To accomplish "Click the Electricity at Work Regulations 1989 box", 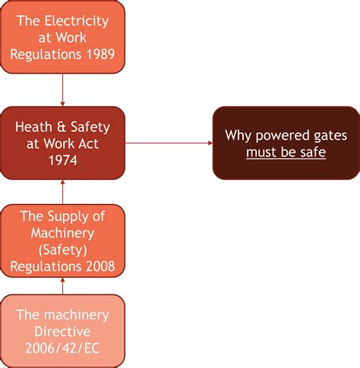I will pyautogui.click(x=62, y=38).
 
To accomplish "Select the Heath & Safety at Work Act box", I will pyautogui.click(x=62, y=143).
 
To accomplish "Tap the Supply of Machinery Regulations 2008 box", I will pyautogui.click(x=62, y=241).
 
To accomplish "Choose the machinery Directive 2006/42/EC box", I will pyautogui.click(x=62, y=331).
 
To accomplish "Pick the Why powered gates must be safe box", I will pyautogui.click(x=286, y=143).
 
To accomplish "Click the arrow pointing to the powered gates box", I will pyautogui.click(x=169, y=143).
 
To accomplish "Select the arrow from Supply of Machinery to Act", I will pyautogui.click(x=62, y=192).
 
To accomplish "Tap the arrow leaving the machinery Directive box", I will pyautogui.click(x=62, y=285).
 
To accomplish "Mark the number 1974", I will pyautogui.click(x=62, y=161).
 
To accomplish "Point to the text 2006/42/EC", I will pyautogui.click(x=62, y=348).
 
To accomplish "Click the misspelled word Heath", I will pyautogui.click(x=36, y=125).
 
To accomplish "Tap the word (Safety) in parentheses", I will pyautogui.click(x=62, y=249).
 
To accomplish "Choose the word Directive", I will pyautogui.click(x=62, y=332).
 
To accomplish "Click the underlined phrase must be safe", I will pyautogui.click(x=286, y=153).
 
